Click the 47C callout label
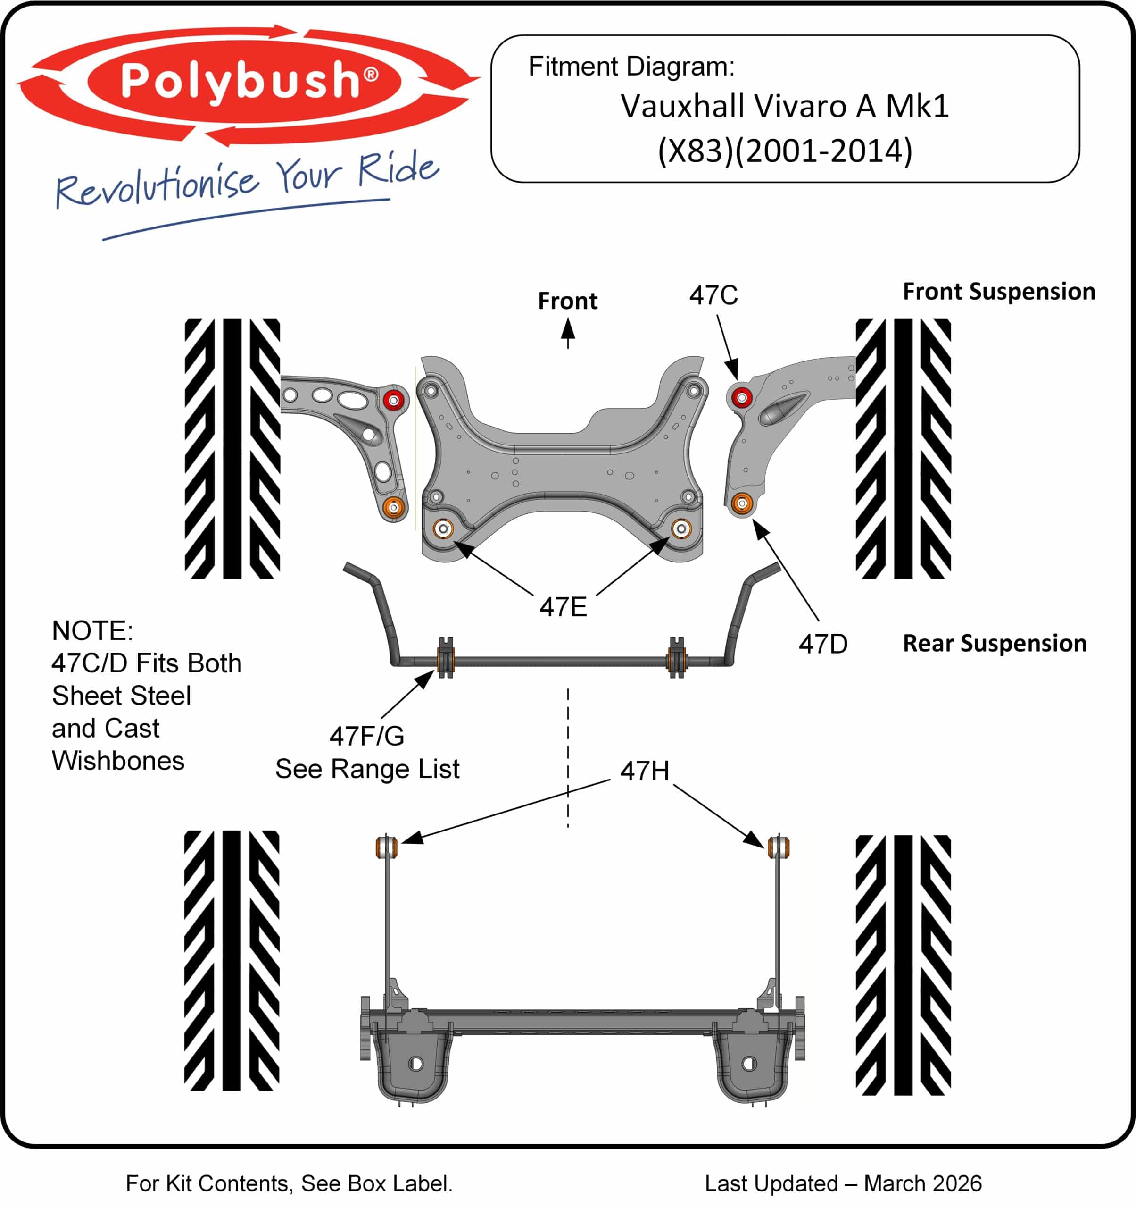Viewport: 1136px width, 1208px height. click(x=713, y=295)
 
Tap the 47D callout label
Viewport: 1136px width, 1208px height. click(x=823, y=644)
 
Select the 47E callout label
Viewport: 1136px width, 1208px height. click(x=564, y=606)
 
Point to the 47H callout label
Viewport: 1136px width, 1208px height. click(x=645, y=771)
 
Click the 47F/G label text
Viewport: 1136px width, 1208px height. click(x=367, y=736)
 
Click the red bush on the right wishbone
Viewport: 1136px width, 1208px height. click(x=741, y=397)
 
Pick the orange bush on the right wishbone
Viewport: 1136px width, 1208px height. click(x=741, y=503)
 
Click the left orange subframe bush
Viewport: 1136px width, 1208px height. click(x=443, y=528)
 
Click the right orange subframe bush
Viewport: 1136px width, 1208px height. click(x=681, y=528)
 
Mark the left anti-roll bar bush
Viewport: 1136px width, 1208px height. click(x=446, y=659)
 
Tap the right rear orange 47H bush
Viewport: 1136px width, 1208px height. click(x=779, y=847)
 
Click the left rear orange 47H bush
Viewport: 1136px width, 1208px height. click(x=386, y=847)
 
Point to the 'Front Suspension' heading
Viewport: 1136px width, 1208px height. click(x=999, y=291)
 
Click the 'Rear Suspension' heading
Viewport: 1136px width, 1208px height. click(x=995, y=643)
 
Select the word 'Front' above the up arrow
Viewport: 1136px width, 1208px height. click(x=568, y=301)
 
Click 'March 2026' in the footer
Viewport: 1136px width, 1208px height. click(x=922, y=1183)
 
